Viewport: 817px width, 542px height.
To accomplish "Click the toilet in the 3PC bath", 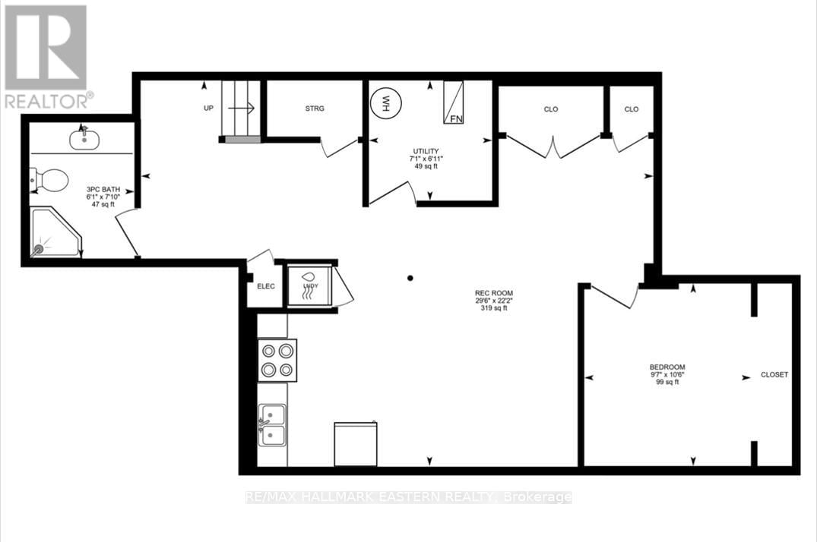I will pos(50,180).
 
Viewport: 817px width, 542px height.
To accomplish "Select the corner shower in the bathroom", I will pos(53,233).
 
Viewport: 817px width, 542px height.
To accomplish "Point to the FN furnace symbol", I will pos(454,102).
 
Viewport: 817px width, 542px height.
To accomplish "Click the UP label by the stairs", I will pos(208,109).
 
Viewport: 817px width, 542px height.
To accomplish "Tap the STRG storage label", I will pos(315,109).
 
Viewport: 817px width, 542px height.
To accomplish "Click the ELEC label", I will pos(265,286).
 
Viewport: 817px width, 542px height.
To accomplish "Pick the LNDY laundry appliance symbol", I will pos(309,285).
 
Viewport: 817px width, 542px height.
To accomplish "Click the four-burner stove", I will pos(277,361).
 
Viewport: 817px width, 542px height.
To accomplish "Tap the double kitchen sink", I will pos(272,424).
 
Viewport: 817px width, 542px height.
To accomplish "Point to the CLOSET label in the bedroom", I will pos(774,375).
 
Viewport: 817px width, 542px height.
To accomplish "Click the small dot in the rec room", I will pos(410,278).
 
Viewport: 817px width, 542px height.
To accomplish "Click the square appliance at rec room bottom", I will pos(356,444).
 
